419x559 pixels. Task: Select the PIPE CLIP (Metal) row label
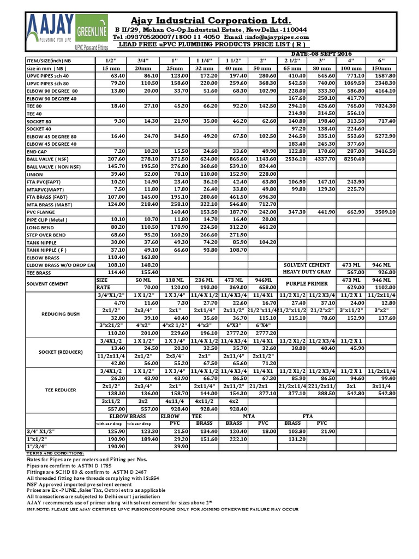[x=49, y=219]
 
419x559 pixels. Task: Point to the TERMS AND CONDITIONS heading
[x=56, y=453]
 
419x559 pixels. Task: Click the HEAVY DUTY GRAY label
[x=307, y=272]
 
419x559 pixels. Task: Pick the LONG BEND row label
[x=41, y=227]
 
